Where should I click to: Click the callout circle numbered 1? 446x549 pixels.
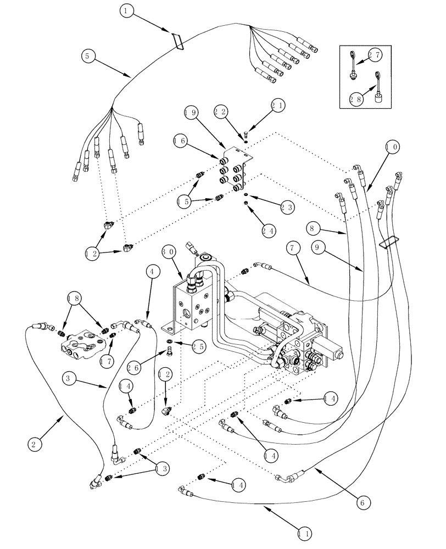pyautogui.click(x=127, y=10)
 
